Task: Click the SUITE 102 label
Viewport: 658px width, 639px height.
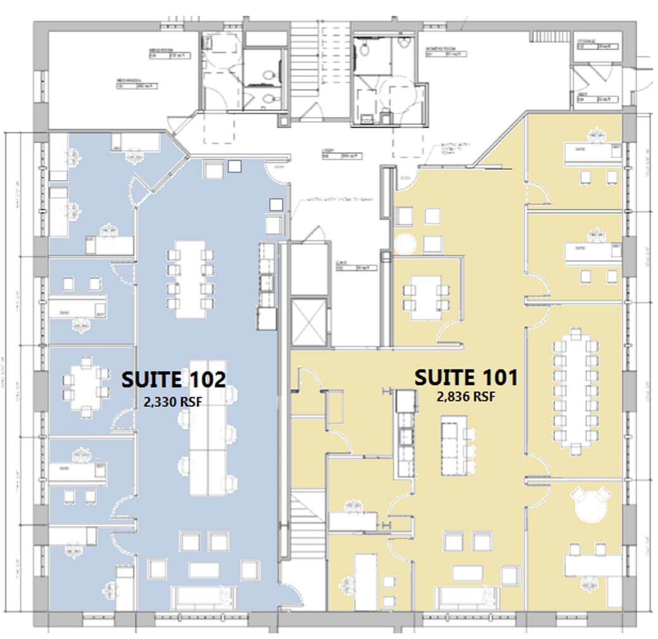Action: [x=173, y=380]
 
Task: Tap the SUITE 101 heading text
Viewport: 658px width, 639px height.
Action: [x=466, y=378]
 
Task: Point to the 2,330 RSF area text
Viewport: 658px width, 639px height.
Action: [x=174, y=401]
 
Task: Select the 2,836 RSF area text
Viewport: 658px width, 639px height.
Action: [x=465, y=397]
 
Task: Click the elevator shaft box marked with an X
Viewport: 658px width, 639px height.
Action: [x=308, y=321]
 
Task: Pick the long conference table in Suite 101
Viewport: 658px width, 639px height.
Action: [x=576, y=390]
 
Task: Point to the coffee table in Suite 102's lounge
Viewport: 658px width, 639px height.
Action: [x=204, y=570]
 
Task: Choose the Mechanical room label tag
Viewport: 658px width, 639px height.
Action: [x=136, y=86]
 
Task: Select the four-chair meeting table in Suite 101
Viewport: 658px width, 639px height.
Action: [x=425, y=298]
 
